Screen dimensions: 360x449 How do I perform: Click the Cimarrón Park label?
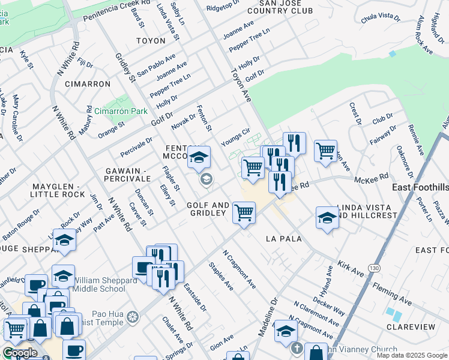121,112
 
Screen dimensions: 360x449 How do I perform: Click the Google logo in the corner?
20,353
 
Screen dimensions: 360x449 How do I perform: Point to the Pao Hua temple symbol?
134,316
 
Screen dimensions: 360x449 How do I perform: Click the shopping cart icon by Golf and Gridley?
244,213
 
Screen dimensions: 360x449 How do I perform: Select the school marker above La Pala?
327,217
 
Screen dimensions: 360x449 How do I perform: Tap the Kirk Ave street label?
351,268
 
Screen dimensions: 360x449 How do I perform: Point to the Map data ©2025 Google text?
412,355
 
